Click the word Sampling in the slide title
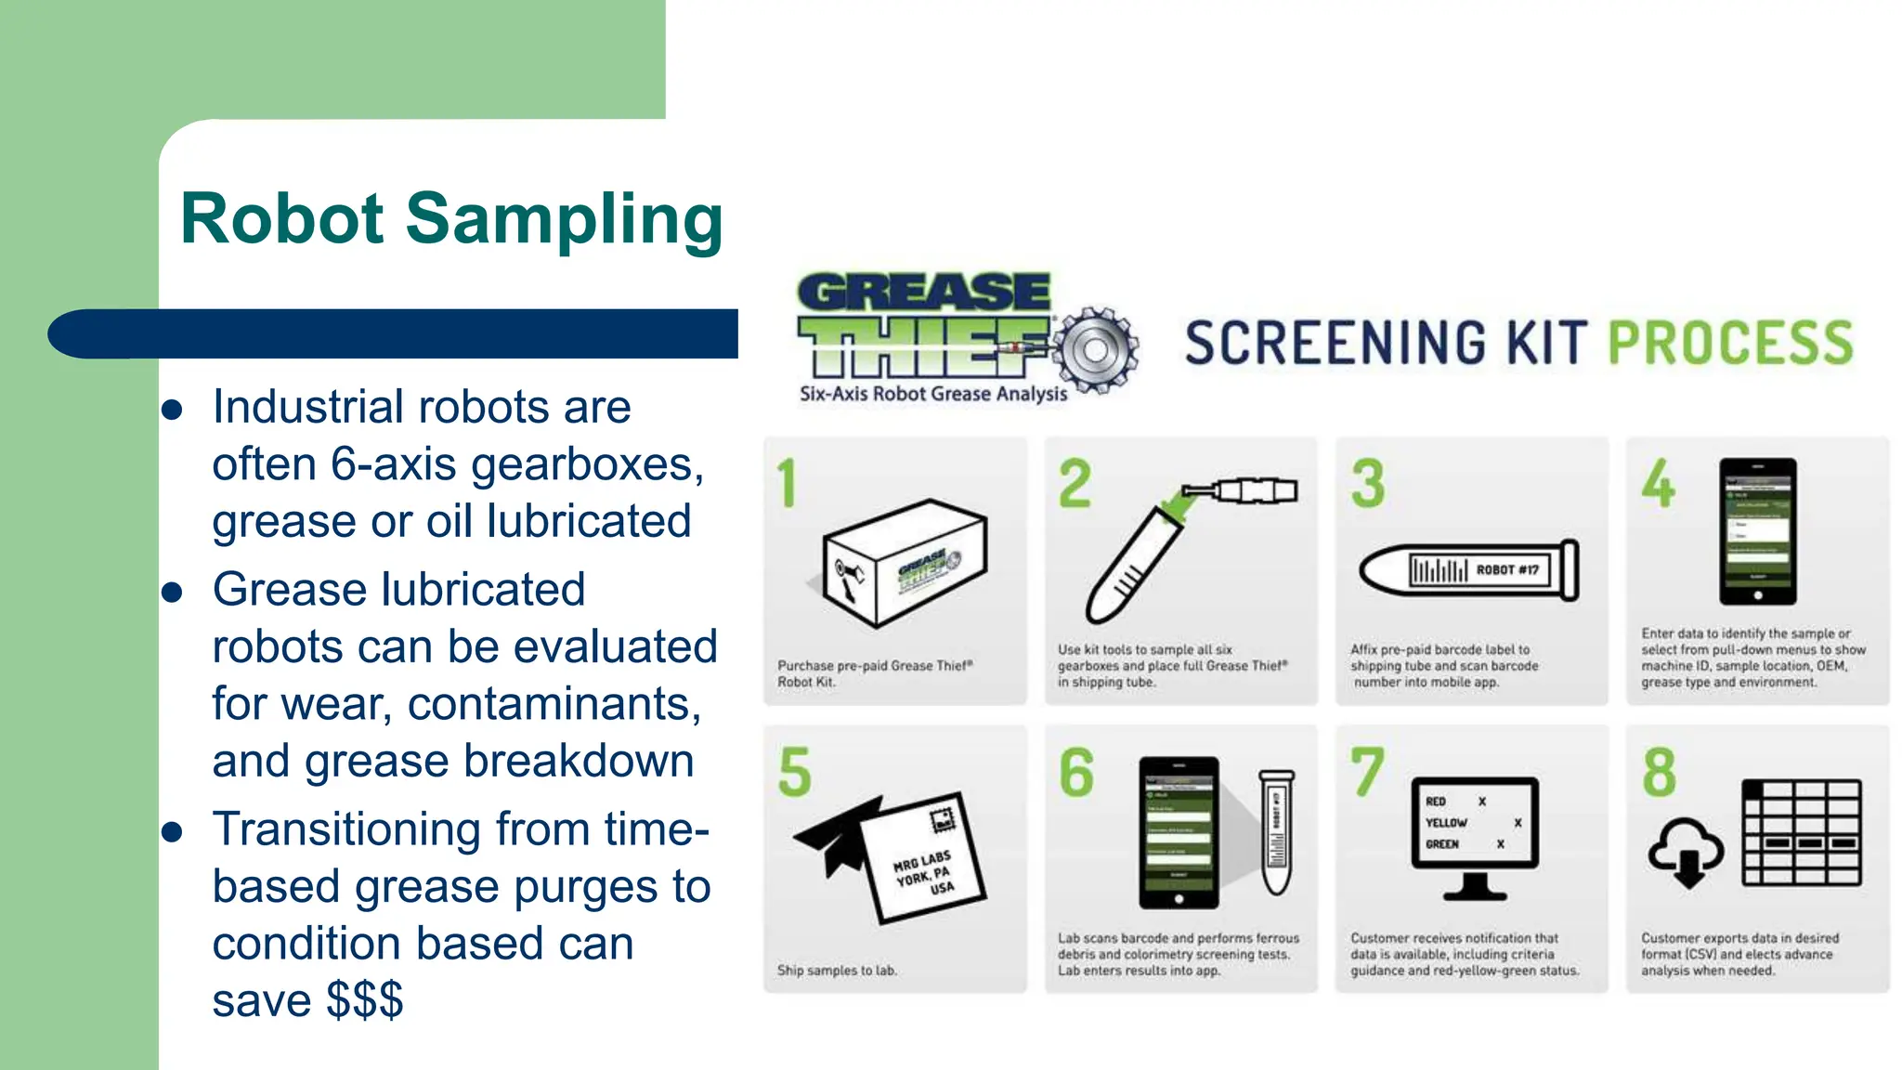tap(564, 221)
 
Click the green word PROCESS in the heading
tap(1729, 343)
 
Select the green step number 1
tap(788, 484)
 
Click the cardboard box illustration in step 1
tap(905, 563)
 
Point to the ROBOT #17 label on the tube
tap(1507, 569)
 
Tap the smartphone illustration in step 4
tap(1757, 531)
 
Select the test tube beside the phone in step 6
tap(1277, 831)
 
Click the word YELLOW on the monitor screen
tap(1446, 823)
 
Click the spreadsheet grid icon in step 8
tap(1802, 832)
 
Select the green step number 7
tap(1367, 773)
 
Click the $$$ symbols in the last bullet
tap(364, 1000)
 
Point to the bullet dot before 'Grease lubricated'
tap(172, 593)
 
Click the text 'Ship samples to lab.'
tap(837, 971)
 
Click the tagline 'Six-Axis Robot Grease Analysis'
tap(933, 394)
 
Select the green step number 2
tap(1075, 484)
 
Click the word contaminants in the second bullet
tap(554, 704)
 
